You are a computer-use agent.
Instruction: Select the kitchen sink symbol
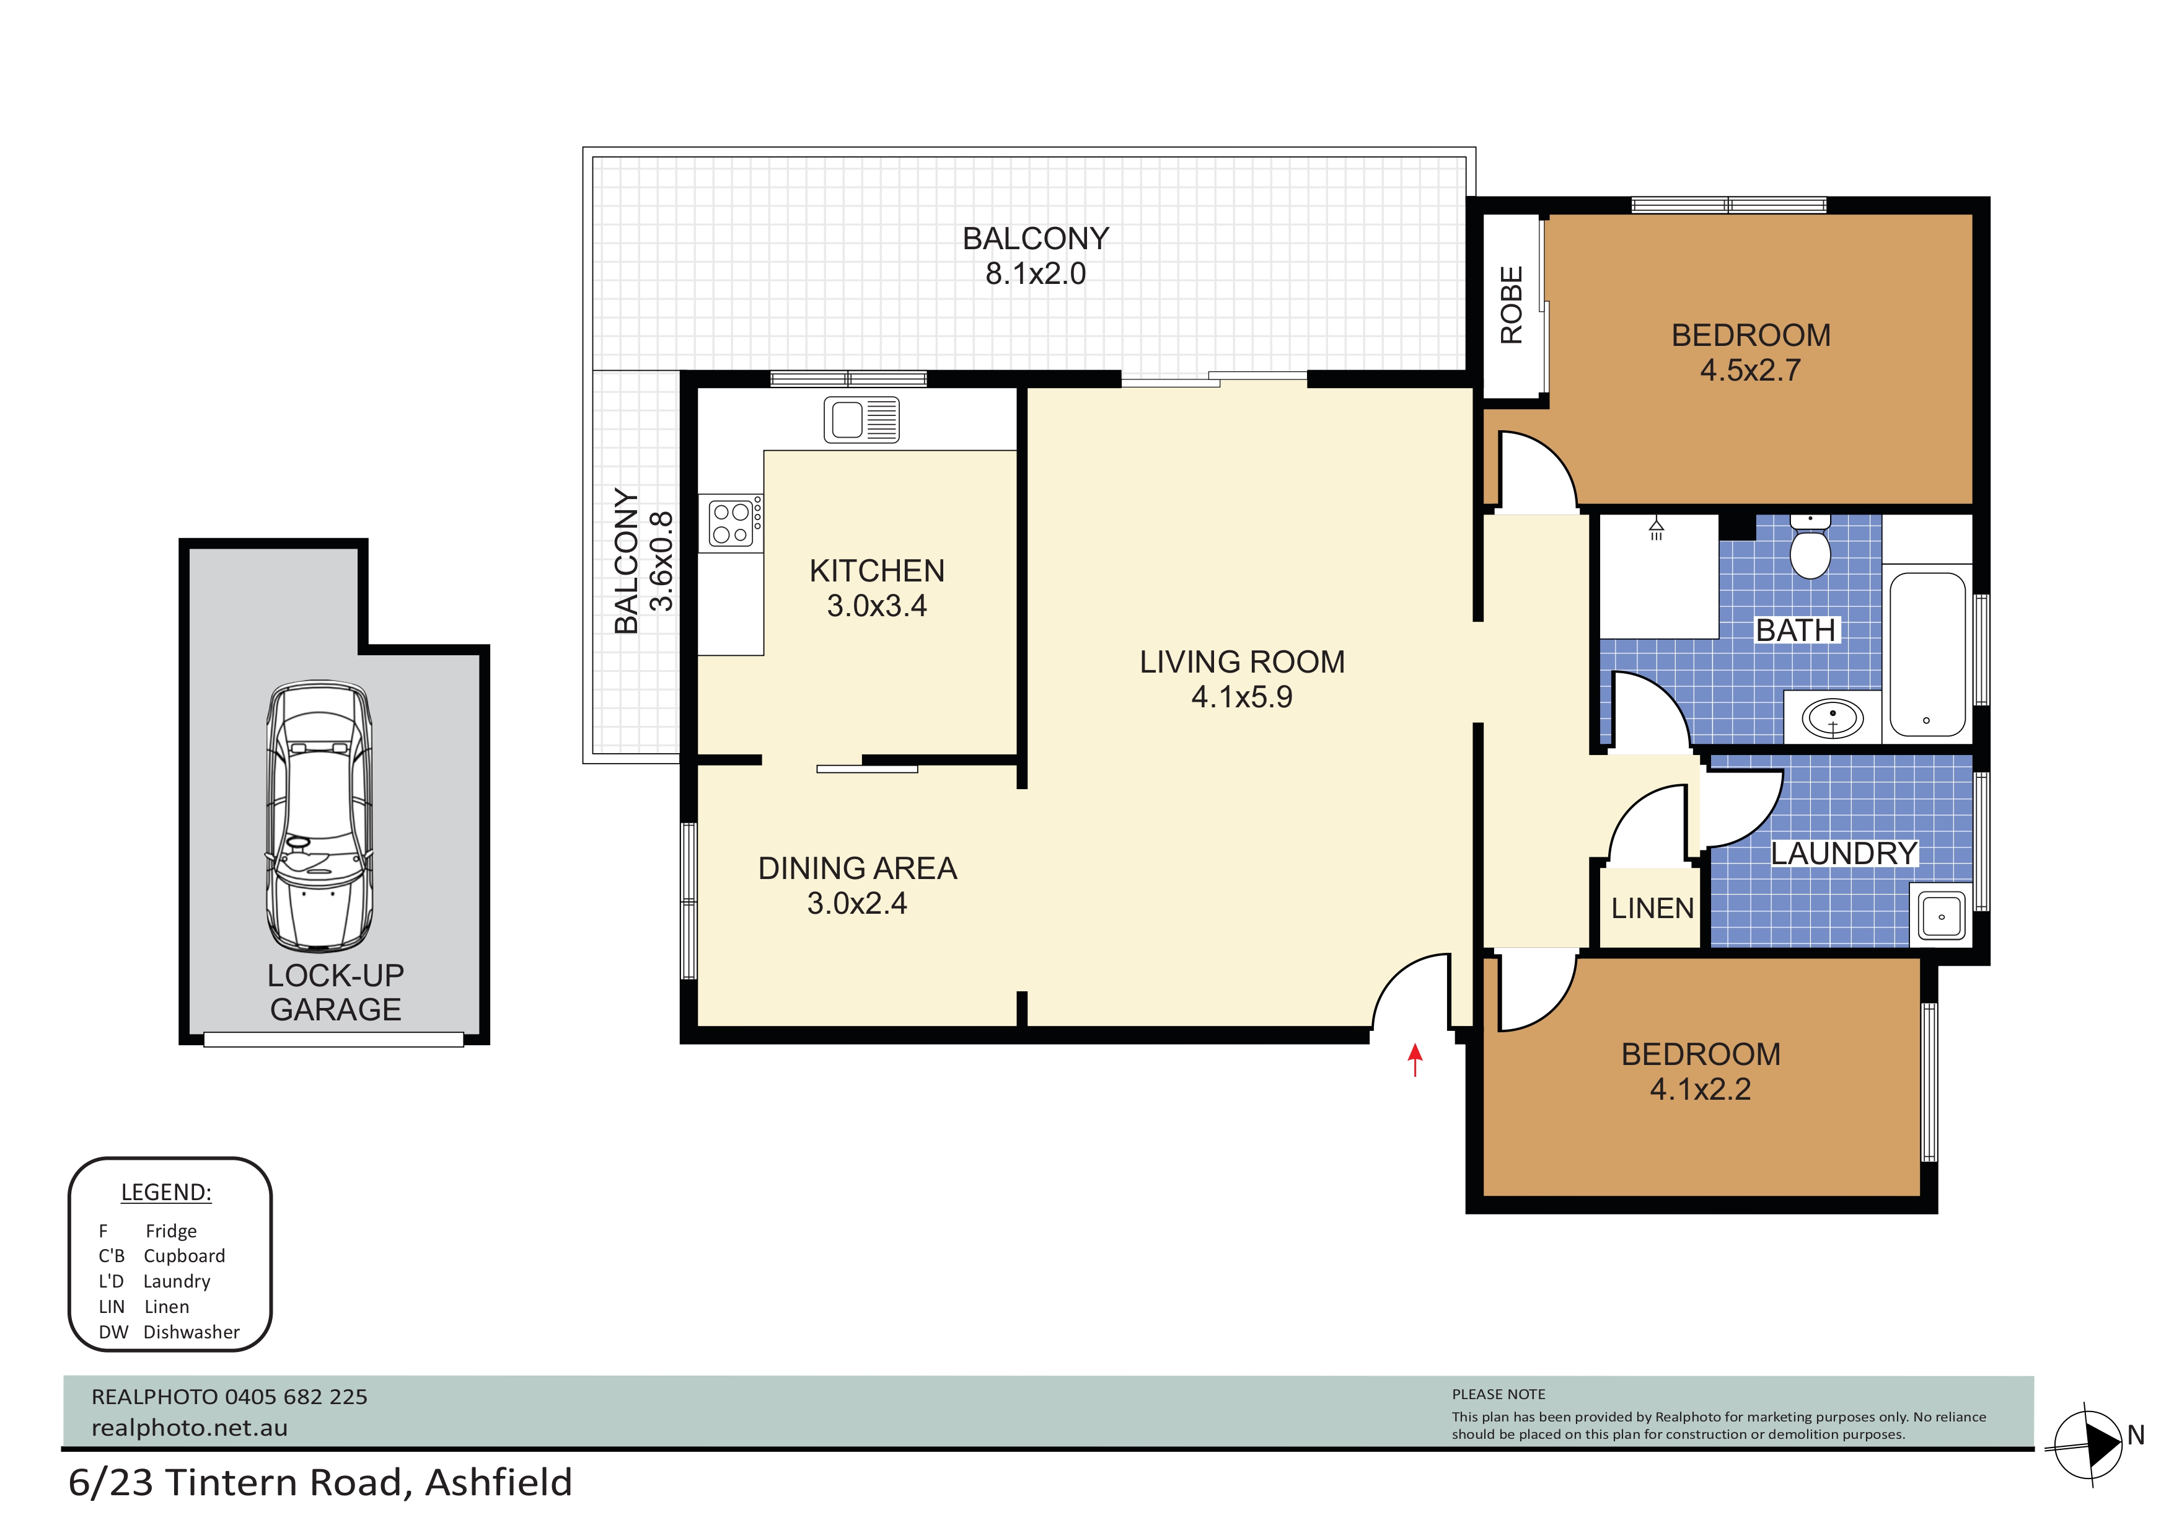point(861,420)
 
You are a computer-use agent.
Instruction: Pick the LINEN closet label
point(1652,908)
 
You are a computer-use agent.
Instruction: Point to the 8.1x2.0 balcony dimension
point(1035,274)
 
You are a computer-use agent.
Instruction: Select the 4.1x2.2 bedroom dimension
point(1701,1089)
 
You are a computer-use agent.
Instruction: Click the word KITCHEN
point(877,571)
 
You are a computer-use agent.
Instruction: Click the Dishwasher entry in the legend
point(169,1332)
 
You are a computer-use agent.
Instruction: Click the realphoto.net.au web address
point(190,1428)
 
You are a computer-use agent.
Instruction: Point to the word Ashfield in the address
point(499,1483)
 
